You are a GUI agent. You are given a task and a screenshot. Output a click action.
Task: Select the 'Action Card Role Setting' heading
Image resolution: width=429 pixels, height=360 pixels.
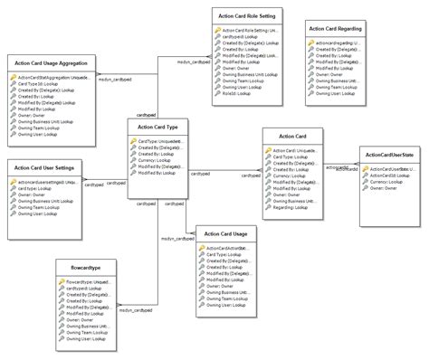pos(247,14)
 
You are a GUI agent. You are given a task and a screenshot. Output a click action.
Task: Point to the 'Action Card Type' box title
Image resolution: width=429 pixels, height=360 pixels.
pos(157,128)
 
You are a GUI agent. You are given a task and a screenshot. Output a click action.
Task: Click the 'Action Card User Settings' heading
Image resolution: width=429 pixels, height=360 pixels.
pos(43,166)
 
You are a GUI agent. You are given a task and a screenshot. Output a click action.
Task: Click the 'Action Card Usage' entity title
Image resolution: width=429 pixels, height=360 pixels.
pos(226,233)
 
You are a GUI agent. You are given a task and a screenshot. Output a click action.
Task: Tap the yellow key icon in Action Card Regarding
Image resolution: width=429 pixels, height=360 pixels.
pos(311,42)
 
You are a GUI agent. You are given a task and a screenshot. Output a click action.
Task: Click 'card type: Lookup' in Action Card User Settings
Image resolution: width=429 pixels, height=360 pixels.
pos(35,187)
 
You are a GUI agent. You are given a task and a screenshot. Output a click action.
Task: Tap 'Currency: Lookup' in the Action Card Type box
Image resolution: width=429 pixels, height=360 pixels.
pos(154,160)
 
